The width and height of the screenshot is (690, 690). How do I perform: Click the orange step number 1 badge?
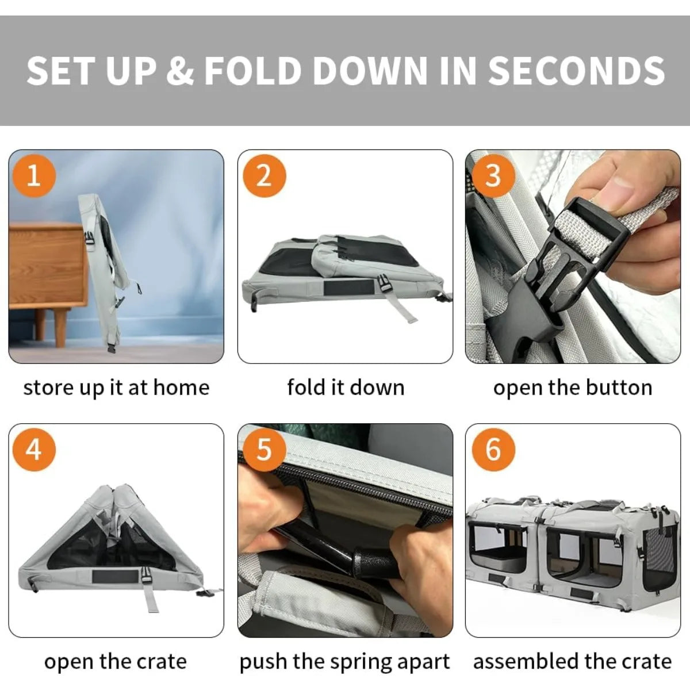(x=34, y=176)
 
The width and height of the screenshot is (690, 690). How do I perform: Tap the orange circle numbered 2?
(x=264, y=176)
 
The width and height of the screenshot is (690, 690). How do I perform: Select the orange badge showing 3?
(x=493, y=176)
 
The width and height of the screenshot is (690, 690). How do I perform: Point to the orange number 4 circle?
(x=34, y=450)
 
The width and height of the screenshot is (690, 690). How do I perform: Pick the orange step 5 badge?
(x=264, y=450)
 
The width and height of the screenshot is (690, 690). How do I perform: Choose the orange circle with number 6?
(x=493, y=450)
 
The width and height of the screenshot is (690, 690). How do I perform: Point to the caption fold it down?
(x=346, y=388)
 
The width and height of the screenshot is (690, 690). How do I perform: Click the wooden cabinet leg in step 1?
(x=61, y=328)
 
